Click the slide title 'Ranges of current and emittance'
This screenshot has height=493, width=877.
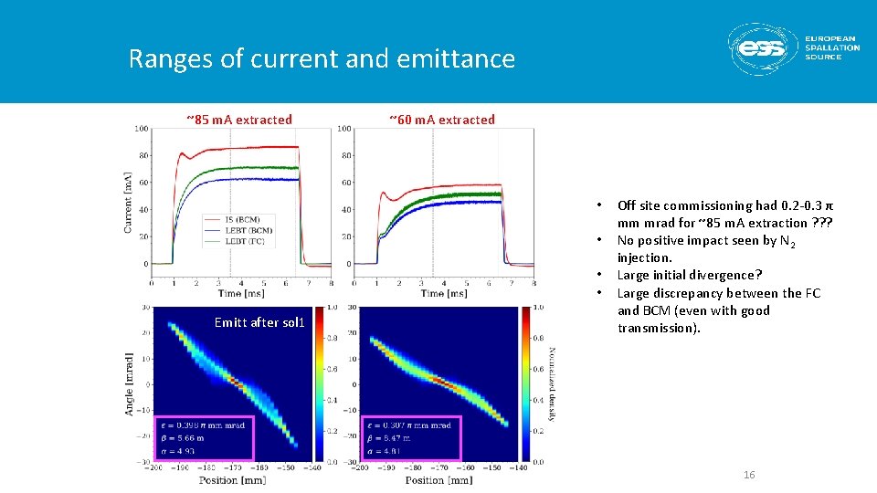(x=322, y=59)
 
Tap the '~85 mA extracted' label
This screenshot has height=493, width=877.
(x=239, y=120)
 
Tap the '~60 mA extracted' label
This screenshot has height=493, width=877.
(x=442, y=120)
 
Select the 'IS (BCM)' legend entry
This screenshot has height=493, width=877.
(x=241, y=220)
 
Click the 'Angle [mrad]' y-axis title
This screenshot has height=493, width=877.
(x=128, y=383)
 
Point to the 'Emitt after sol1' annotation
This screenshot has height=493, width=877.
(x=259, y=322)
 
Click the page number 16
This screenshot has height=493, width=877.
(x=749, y=476)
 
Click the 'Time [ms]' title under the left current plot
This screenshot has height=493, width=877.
(x=241, y=293)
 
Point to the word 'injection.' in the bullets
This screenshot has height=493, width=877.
(x=644, y=258)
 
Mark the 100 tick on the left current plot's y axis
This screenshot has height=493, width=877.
(x=142, y=129)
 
